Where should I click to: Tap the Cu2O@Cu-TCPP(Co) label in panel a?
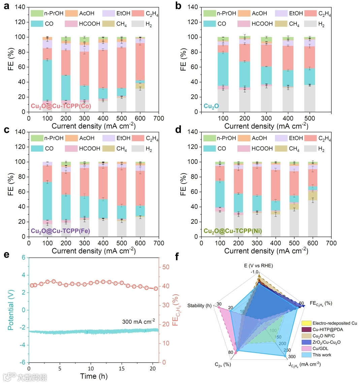pos(61,106)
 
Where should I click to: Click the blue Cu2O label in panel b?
pos(211,106)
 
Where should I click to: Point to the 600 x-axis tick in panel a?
pos(140,118)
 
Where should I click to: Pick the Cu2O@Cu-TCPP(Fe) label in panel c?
pos(61,231)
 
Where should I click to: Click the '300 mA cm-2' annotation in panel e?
pos(138,321)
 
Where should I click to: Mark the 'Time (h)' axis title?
pos(94,376)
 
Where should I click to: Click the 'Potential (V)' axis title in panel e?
pos(11,310)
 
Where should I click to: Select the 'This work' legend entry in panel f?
pos(322,355)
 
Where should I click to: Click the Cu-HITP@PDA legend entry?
pos(327,329)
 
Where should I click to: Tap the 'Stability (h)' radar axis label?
pos(199,305)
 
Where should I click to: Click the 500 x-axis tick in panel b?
pos(309,118)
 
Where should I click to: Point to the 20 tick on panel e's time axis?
pos(153,368)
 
